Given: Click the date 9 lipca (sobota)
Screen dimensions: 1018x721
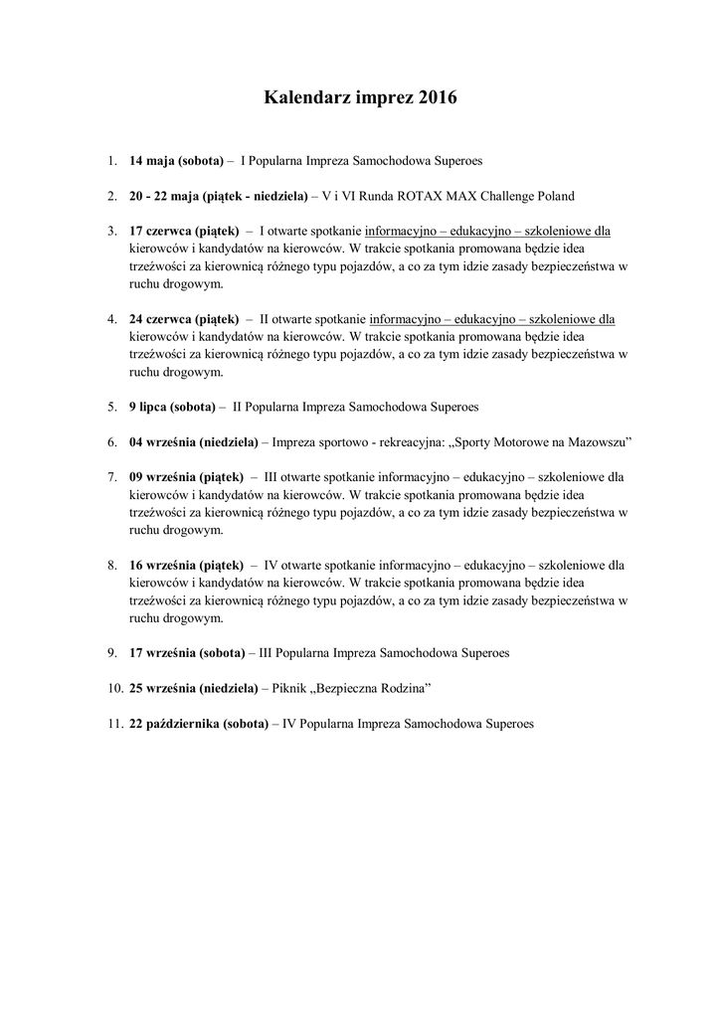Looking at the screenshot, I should (x=173, y=407).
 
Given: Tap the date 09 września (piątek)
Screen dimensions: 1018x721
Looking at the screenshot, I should (x=185, y=477).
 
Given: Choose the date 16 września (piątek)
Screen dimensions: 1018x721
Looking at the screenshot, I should (x=185, y=565).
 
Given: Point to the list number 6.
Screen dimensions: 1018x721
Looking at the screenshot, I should (x=112, y=441).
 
